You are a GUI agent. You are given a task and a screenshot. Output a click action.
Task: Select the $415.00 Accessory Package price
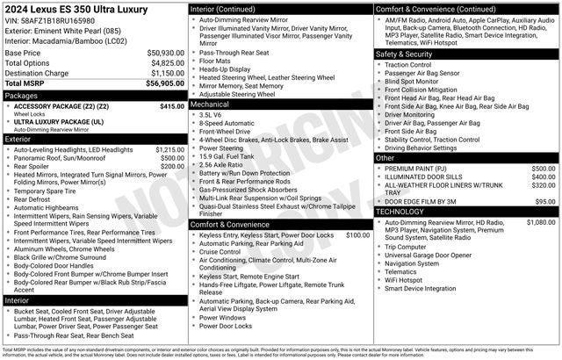coord(172,106)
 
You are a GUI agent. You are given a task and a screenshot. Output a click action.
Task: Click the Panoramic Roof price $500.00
coord(172,159)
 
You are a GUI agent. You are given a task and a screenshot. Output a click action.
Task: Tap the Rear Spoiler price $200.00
coord(172,167)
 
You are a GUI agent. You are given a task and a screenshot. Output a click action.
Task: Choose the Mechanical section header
coord(214,104)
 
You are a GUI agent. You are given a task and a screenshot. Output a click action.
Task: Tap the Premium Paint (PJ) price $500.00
coord(543,168)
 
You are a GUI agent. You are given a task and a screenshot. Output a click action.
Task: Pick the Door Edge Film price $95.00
coord(545,201)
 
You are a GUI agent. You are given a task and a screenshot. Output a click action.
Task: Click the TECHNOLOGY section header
coord(406,212)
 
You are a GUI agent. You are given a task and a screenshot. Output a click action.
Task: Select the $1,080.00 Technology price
coord(540,223)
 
